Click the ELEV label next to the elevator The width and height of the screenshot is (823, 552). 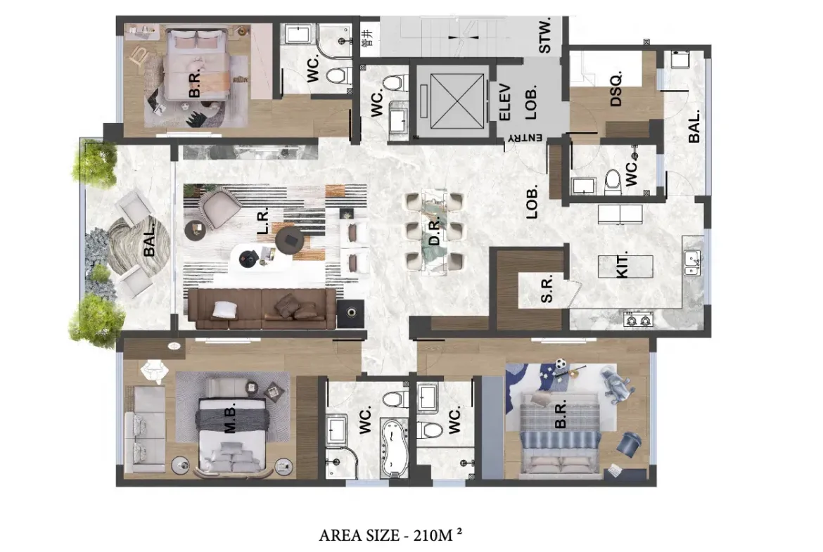(x=504, y=103)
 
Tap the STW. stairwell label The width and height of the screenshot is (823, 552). (x=545, y=35)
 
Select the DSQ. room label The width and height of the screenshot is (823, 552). (x=616, y=89)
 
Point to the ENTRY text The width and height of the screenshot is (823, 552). (x=525, y=138)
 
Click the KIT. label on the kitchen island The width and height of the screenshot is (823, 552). (x=622, y=266)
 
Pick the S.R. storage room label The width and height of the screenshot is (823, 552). (x=547, y=290)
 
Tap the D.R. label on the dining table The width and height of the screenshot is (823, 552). (x=435, y=233)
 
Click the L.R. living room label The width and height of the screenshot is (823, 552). (x=262, y=221)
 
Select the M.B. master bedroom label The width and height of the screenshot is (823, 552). (x=230, y=418)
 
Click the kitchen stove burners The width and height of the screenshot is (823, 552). (x=638, y=319)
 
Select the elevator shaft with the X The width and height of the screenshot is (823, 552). (x=456, y=101)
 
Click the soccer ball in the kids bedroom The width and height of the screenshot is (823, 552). (x=561, y=363)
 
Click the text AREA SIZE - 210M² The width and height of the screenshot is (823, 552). (x=391, y=534)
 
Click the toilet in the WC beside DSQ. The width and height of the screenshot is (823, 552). (x=613, y=181)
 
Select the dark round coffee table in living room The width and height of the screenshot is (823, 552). (x=289, y=239)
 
